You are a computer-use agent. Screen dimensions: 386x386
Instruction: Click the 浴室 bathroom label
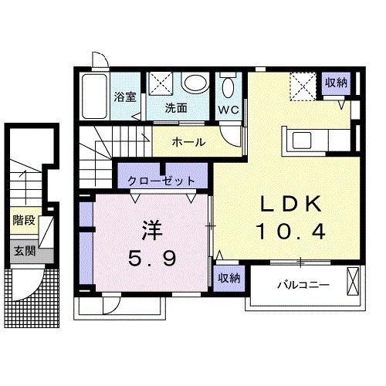click(x=125, y=97)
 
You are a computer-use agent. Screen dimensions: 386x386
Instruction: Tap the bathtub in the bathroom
click(x=94, y=96)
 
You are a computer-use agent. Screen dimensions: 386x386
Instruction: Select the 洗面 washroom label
click(x=176, y=108)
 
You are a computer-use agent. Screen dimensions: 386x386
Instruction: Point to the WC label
click(x=229, y=110)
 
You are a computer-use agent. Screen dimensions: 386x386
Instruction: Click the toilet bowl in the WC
click(x=228, y=87)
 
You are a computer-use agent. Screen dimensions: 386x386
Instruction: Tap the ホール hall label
click(x=189, y=142)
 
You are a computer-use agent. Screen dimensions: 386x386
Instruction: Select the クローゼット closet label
click(x=161, y=181)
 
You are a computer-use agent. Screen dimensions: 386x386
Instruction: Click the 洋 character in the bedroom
click(x=152, y=230)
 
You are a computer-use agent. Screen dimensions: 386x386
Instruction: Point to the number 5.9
click(x=152, y=258)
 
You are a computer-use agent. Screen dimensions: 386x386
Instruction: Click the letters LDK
click(x=292, y=204)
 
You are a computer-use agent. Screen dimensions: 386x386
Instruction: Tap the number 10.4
click(x=290, y=232)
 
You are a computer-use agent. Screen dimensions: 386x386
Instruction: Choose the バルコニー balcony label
click(x=303, y=285)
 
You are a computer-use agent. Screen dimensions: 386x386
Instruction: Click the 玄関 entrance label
click(x=25, y=251)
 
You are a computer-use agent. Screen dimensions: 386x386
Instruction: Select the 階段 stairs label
click(x=24, y=220)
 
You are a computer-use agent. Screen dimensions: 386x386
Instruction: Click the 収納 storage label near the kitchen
click(x=336, y=83)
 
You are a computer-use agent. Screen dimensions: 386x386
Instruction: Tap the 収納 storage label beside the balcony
click(x=229, y=278)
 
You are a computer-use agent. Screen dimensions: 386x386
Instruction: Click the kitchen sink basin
click(x=302, y=141)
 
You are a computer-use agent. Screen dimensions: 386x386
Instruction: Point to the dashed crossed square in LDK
click(x=303, y=86)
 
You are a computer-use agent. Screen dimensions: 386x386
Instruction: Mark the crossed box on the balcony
click(x=353, y=282)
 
